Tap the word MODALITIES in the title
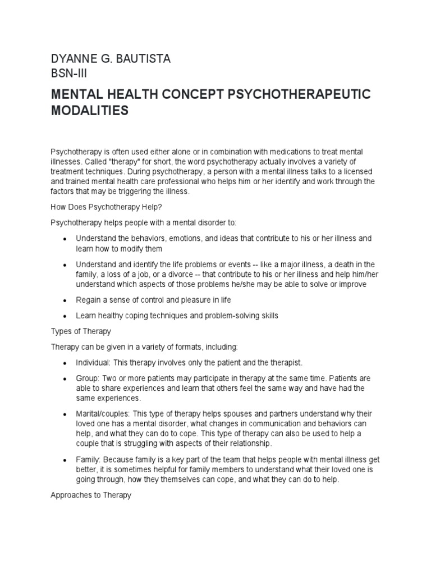tap(90, 111)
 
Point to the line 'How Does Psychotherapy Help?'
tap(102, 207)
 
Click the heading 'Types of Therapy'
tap(81, 331)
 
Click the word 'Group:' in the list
tap(87, 378)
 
